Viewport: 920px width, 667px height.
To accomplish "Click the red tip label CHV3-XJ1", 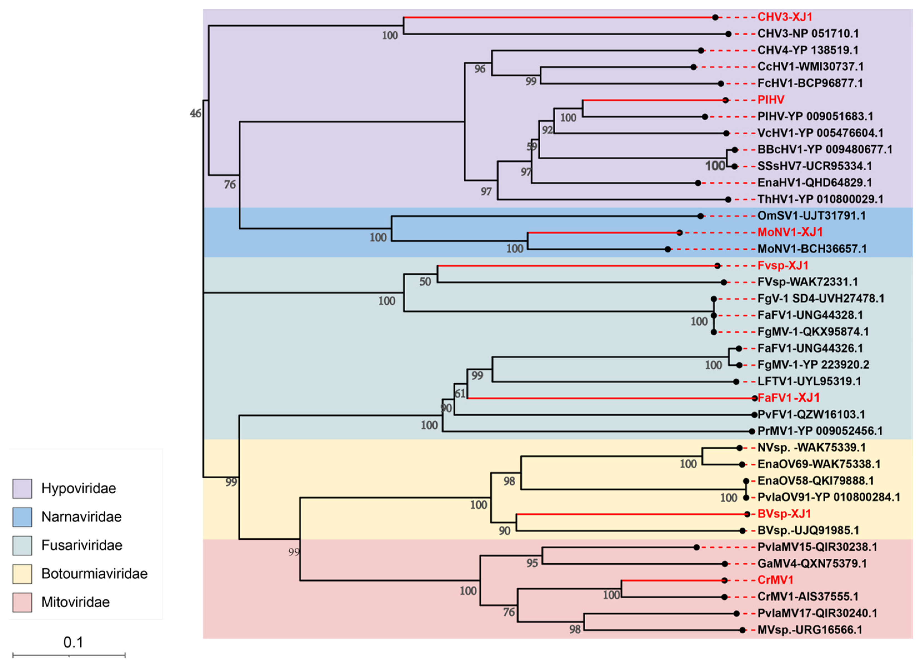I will (784, 17).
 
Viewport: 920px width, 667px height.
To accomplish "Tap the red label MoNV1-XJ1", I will (790, 232).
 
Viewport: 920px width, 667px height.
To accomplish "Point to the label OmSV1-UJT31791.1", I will (811, 216).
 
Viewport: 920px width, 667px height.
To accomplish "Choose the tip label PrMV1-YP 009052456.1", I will (820, 431).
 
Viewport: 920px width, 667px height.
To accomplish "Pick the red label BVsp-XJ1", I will (784, 514).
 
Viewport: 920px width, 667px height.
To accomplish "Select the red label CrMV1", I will (775, 580).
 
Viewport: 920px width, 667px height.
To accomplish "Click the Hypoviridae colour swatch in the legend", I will (22, 488).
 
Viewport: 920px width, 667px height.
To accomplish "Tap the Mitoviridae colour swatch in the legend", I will (22, 602).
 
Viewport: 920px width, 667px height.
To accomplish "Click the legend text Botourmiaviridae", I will (94, 574).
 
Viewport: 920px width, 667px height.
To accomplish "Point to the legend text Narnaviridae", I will (81, 517).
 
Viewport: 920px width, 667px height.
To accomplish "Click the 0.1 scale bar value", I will (73, 642).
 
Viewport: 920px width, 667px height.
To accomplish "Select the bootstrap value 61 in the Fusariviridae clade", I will (460, 393).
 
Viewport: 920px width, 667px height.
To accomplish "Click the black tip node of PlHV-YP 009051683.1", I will (705, 117).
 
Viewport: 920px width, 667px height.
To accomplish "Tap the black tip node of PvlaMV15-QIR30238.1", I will (696, 547).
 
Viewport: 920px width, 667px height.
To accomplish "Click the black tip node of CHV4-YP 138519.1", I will (701, 50).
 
